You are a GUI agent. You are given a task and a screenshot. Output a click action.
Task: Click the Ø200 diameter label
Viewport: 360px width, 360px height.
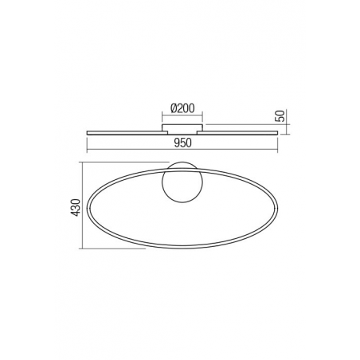pos(182,108)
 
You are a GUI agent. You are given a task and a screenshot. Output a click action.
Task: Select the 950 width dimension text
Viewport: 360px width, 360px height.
pos(182,143)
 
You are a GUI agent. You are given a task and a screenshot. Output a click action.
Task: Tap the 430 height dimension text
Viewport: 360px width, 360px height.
pos(76,207)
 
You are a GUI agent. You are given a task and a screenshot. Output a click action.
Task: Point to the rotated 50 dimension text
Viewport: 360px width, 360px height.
pos(281,115)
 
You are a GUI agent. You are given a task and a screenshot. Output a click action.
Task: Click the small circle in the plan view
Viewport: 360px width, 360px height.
pos(182,182)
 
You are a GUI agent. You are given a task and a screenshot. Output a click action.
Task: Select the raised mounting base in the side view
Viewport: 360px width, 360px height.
pos(182,127)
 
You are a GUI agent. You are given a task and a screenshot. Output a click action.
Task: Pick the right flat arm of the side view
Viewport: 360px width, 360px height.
pos(237,132)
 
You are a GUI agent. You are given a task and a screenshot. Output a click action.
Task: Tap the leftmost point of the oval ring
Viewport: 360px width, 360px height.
pos(88,208)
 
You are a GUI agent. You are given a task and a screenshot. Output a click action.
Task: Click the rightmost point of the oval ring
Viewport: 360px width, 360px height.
pos(277,208)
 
